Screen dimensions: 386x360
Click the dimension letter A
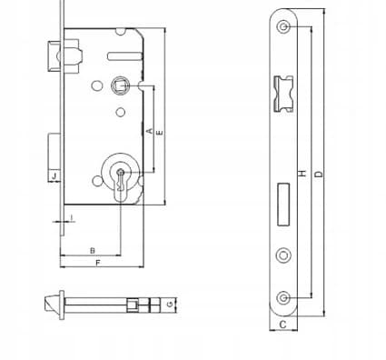(149, 131)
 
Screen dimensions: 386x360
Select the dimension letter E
(160, 133)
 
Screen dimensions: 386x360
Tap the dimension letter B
(93, 251)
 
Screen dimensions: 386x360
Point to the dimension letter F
(97, 263)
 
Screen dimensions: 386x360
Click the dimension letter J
(54, 175)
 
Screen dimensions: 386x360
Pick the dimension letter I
(72, 217)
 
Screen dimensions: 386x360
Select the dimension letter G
(171, 304)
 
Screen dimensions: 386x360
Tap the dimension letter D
(319, 175)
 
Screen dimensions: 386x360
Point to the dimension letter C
(282, 325)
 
